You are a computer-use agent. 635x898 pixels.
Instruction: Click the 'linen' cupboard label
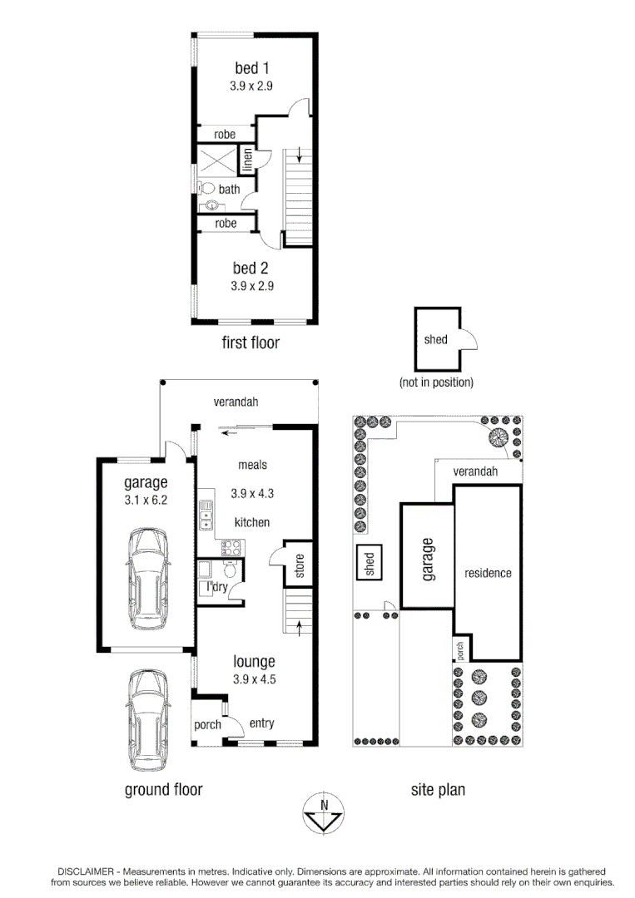(x=247, y=160)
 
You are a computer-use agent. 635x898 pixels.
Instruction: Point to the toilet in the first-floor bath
(x=207, y=190)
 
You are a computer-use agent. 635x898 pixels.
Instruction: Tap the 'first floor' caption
(x=251, y=343)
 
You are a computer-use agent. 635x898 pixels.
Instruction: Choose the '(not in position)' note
(x=436, y=382)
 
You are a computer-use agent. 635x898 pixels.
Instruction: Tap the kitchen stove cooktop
(x=231, y=547)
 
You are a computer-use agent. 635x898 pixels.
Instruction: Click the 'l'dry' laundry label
(x=218, y=587)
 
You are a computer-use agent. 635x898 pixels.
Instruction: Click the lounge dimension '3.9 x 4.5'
(x=254, y=678)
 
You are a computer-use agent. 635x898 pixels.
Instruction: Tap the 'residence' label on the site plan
(x=488, y=573)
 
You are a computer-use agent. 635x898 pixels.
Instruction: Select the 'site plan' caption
(x=438, y=789)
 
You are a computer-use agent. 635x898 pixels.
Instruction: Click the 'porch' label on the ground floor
(x=207, y=724)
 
